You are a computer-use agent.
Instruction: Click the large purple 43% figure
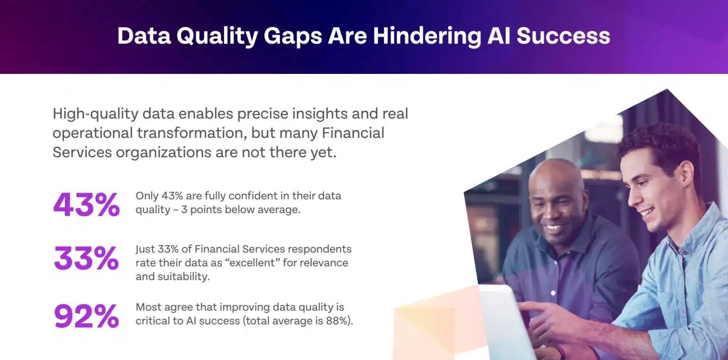point(86,204)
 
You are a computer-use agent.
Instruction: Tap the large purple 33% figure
point(86,258)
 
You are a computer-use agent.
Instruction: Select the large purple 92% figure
point(86,316)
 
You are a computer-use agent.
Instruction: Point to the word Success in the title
point(563,36)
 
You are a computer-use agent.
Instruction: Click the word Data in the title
point(144,36)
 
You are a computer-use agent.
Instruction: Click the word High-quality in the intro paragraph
point(96,114)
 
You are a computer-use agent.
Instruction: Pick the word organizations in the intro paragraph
point(164,153)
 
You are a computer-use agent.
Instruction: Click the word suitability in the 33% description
point(183,277)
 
